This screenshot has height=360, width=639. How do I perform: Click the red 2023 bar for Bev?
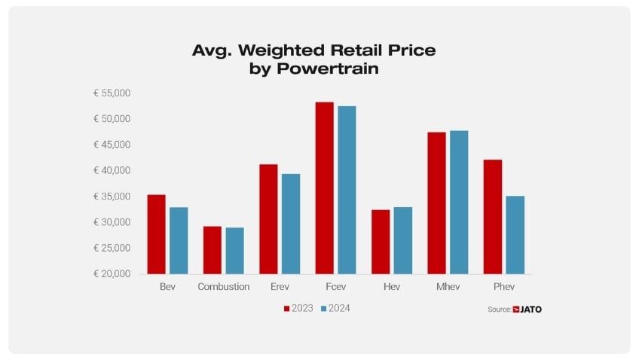click(156, 234)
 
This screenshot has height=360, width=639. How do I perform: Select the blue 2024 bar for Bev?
click(179, 240)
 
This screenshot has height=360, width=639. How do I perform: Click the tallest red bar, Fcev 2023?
click(324, 188)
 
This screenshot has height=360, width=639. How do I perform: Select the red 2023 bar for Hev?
click(381, 242)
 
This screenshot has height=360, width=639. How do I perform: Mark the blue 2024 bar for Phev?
click(515, 235)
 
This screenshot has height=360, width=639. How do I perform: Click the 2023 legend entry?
click(298, 308)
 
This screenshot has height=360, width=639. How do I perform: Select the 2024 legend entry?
click(335, 308)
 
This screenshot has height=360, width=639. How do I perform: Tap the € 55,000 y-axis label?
click(112, 93)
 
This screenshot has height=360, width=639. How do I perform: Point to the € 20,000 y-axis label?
click(112, 273)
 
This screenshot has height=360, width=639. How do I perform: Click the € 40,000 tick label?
click(112, 171)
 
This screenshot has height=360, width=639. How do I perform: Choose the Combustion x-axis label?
click(224, 287)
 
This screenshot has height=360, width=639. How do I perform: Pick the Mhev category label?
click(448, 287)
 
